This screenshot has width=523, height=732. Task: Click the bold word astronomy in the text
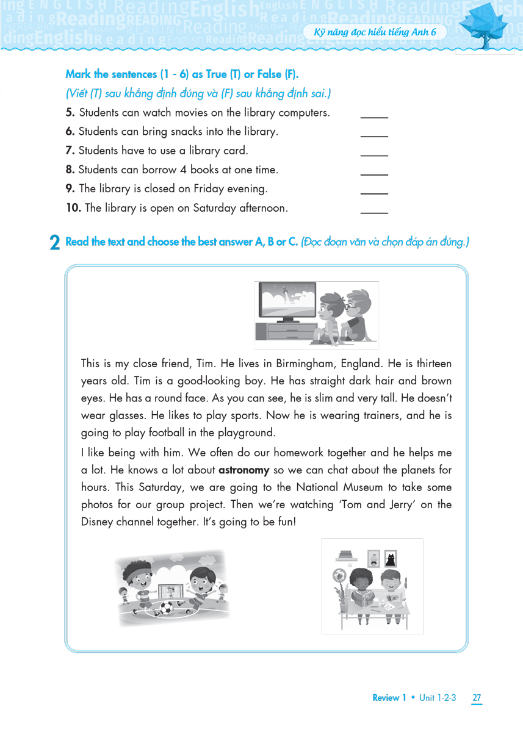pos(244,470)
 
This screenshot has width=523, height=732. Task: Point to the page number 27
pos(477,698)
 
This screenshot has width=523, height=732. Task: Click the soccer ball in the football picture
pos(167,608)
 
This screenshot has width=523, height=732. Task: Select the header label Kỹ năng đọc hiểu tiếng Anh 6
pos(375,32)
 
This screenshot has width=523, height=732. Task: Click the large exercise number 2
pos(55,243)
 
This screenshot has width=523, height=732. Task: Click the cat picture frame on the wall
pos(391,558)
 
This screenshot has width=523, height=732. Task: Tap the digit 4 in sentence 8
pos(182,170)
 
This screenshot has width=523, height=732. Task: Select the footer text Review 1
pos(389,698)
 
